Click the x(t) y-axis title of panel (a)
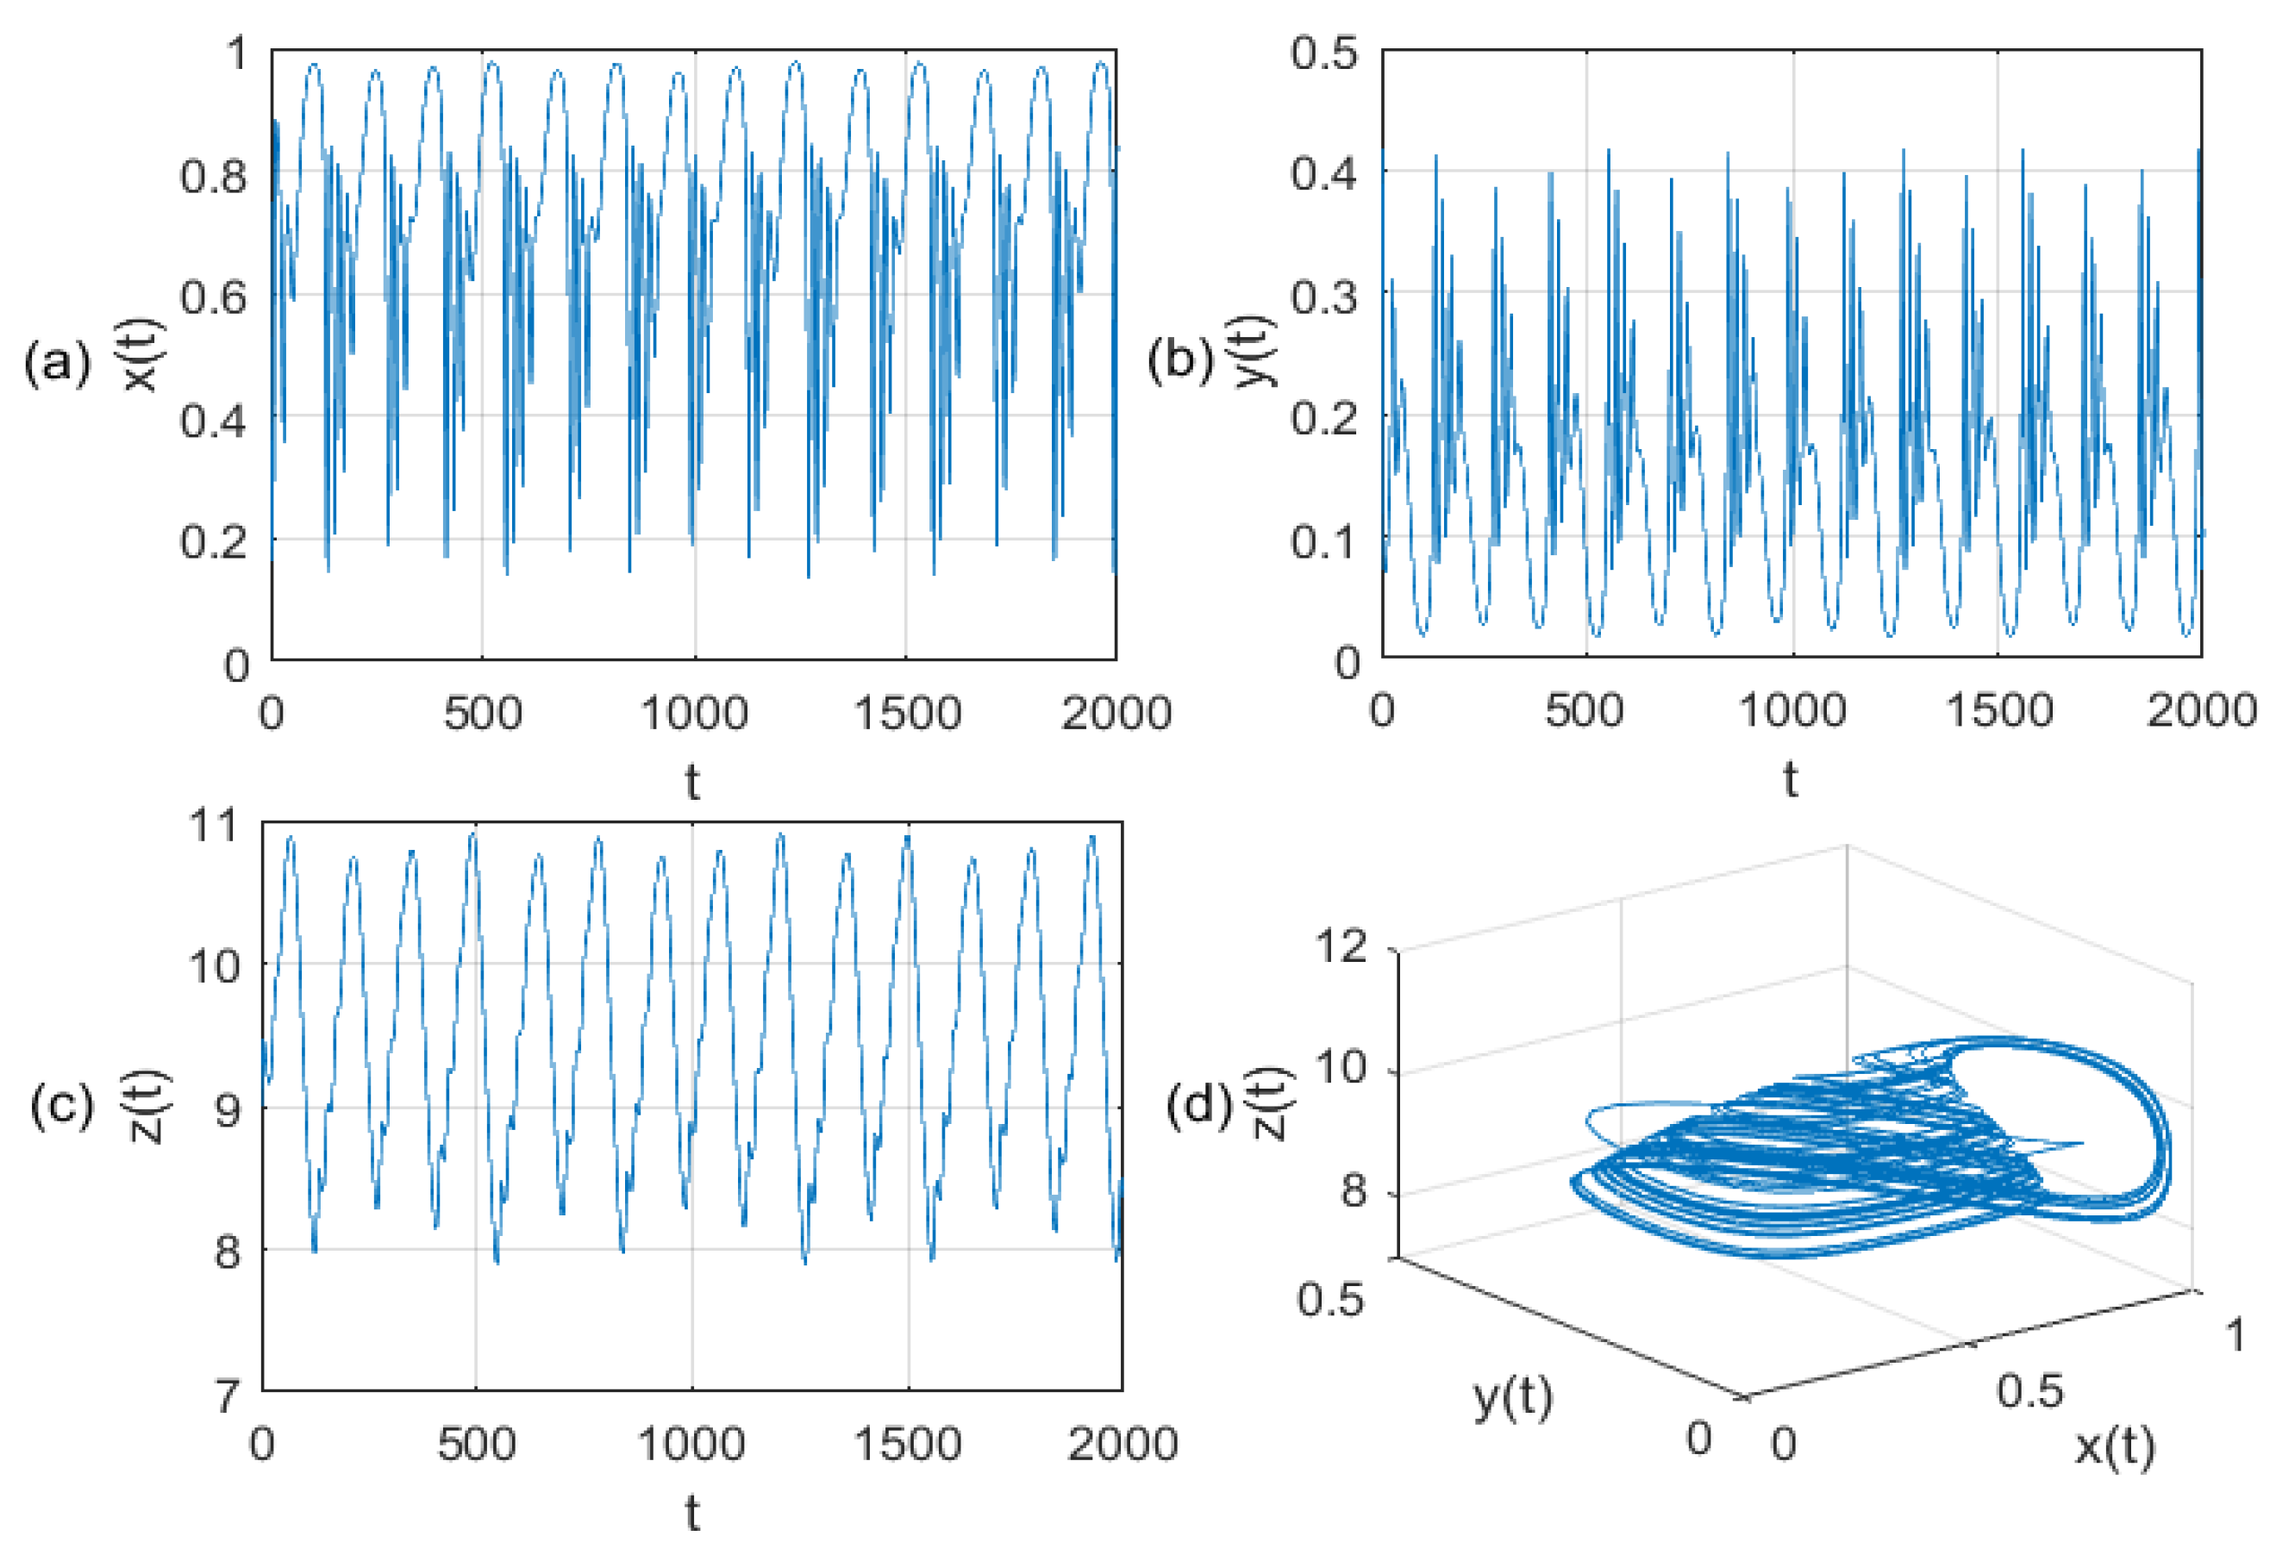tap(141, 354)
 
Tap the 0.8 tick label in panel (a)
tap(213, 177)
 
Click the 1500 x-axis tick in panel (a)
tap(907, 713)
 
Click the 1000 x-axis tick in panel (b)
tap(1792, 710)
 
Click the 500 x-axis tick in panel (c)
tap(477, 1444)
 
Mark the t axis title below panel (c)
tap(692, 1513)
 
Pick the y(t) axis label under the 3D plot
tap(1512, 1396)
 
